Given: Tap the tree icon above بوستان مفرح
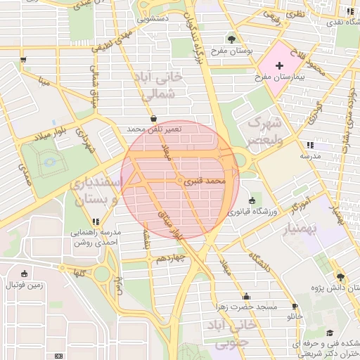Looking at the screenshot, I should [x=232, y=39].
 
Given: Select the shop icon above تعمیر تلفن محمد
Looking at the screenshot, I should [x=154, y=119].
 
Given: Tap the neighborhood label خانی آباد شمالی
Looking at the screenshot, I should [x=163, y=84].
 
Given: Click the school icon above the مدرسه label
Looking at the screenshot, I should [x=310, y=145].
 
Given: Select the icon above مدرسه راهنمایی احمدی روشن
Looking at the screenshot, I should [x=96, y=221].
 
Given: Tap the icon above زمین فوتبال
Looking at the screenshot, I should [x=25, y=274].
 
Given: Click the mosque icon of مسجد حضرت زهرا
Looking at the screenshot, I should [x=245, y=297].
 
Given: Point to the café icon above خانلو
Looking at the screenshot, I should [x=294, y=307].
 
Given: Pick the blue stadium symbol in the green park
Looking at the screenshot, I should [x=49, y=164].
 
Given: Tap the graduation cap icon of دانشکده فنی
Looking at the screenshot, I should [x=330, y=333].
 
